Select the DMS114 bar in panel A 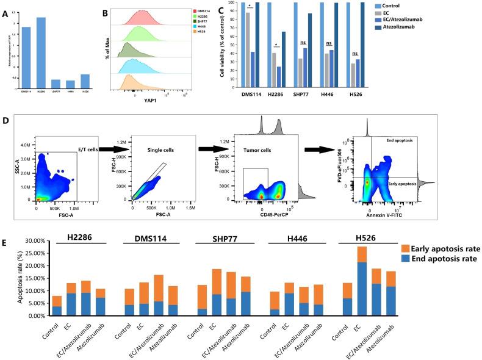pyautogui.click(x=27, y=58)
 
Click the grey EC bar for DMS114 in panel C pyautogui.click(x=247, y=50)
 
